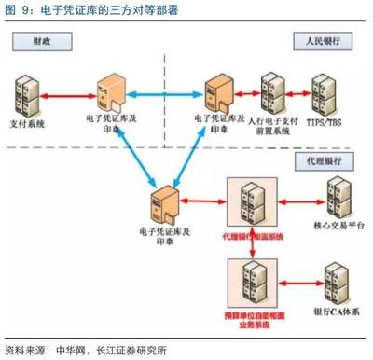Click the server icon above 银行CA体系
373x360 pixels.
[x=332, y=280]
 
